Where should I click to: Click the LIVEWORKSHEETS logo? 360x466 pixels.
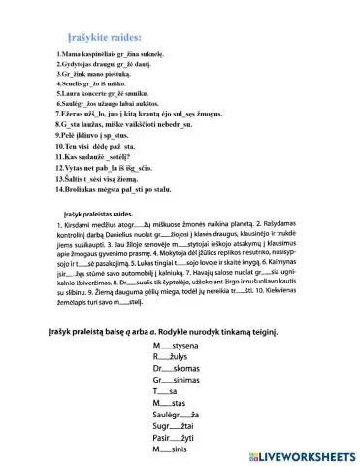coord(296,454)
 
